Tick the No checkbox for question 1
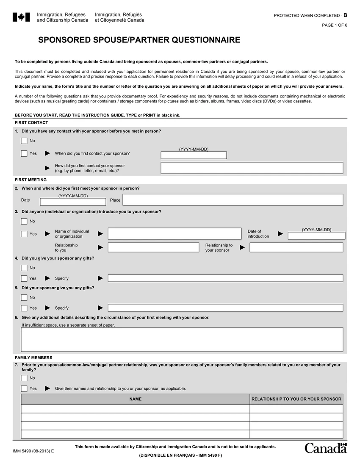pyautogui.click(x=24, y=141)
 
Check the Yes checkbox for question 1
pyautogui.click(x=24, y=153)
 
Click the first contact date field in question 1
pyautogui.click(x=194, y=155)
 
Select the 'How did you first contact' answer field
pyautogui.click(x=252, y=168)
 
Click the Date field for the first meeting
pyautogui.click(x=73, y=202)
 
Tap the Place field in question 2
pyautogui.click(x=233, y=200)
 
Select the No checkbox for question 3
pyautogui.click(x=24, y=221)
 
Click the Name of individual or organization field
pyautogui.click(x=174, y=233)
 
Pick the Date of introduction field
pyautogui.click(x=316, y=236)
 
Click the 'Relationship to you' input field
pyautogui.click(x=153, y=247)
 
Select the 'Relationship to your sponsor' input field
pyautogui.click(x=296, y=247)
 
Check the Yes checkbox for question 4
pyautogui.click(x=24, y=278)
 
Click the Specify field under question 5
pyautogui.click(x=225, y=308)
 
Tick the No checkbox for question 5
pyautogui.click(x=24, y=297)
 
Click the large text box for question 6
pyautogui.click(x=182, y=339)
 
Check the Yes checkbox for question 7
pyautogui.click(x=24, y=388)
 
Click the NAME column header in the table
pyautogui.click(x=136, y=399)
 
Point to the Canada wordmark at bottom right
pyautogui.click(x=325, y=448)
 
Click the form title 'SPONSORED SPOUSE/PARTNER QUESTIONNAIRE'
pyautogui.click(x=139, y=40)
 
